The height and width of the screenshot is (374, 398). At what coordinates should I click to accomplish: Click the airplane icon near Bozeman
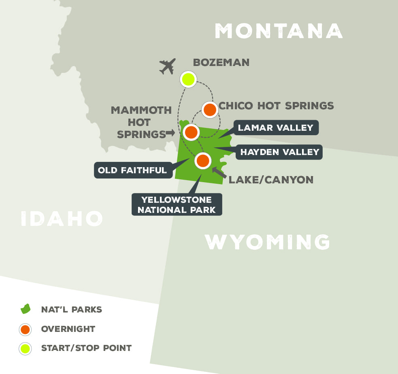tap(168, 66)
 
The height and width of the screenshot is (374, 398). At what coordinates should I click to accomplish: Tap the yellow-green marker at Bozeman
tap(188, 79)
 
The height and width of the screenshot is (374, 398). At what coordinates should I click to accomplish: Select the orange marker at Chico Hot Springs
tap(210, 109)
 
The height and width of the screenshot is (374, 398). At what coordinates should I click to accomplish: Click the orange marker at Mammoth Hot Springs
tap(191, 132)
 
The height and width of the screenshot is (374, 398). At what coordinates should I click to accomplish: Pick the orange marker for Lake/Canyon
tap(202, 161)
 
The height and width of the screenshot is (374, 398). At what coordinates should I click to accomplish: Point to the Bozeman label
tap(221, 62)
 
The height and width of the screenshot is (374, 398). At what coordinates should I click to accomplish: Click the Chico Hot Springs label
tap(277, 106)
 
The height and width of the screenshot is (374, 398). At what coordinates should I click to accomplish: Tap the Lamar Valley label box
tap(275, 128)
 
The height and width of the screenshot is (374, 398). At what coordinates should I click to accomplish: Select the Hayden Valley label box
tap(280, 152)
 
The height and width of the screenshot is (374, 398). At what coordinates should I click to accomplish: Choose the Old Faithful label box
tap(132, 170)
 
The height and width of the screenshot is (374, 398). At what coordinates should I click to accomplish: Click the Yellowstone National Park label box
tap(177, 204)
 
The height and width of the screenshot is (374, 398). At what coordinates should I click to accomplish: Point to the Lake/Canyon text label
tap(271, 180)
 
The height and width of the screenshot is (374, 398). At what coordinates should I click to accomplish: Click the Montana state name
tap(279, 31)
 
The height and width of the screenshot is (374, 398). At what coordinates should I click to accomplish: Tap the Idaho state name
tap(62, 219)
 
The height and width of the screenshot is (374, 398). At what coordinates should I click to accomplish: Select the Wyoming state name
tap(267, 242)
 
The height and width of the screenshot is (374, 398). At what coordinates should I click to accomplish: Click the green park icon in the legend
tap(26, 310)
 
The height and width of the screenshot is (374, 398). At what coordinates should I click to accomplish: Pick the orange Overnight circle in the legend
tap(26, 329)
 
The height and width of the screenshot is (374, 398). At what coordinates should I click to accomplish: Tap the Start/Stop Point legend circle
tap(26, 348)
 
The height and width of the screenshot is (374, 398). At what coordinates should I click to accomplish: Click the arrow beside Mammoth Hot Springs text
tap(170, 133)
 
